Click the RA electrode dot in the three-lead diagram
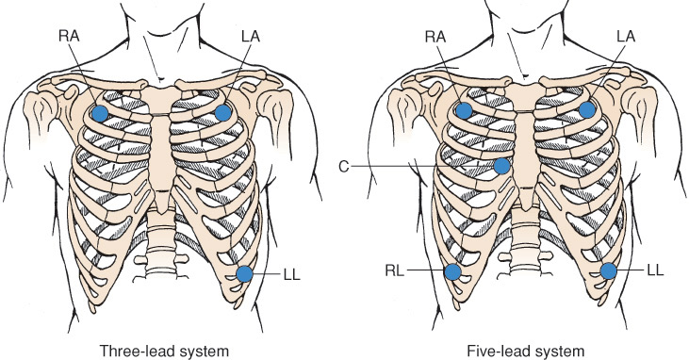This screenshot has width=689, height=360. (100, 113)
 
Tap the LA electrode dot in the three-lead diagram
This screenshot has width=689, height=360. (223, 112)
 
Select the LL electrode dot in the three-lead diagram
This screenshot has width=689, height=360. (244, 274)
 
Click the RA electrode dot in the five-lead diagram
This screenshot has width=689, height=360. (464, 110)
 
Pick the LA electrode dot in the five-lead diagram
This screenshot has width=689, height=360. (587, 109)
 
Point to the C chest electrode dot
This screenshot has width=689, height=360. (501, 166)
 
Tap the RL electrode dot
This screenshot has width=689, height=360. (452, 272)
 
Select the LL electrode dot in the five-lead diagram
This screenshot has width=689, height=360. (609, 270)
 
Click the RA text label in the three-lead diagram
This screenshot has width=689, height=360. (69, 36)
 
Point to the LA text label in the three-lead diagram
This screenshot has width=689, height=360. (251, 36)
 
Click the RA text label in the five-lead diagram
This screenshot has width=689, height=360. (435, 36)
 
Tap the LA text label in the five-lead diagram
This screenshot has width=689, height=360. (626, 36)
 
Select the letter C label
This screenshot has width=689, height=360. (344, 167)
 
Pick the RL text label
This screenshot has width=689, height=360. (395, 270)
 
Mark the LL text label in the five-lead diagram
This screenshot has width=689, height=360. (655, 270)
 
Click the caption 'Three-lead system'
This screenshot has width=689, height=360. (164, 352)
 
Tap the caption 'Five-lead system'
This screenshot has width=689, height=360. (526, 352)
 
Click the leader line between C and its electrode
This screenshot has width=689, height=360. (422, 166)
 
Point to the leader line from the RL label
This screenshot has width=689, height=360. (425, 270)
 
